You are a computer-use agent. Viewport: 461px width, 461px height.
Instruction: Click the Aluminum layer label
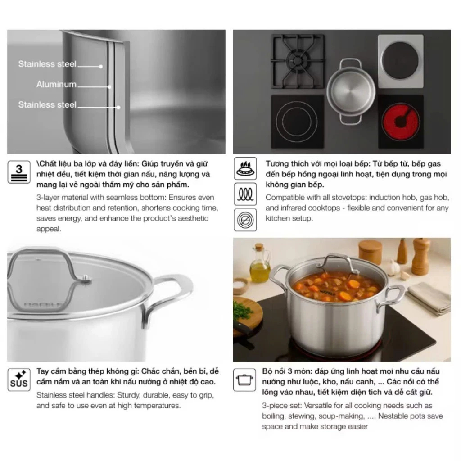[56, 84]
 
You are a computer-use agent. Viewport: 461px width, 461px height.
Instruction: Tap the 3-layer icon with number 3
[19, 172]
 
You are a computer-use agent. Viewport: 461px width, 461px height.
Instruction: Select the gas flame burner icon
[245, 168]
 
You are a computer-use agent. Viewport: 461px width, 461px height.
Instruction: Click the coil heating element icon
[245, 194]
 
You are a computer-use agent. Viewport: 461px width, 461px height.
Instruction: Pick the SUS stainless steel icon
[19, 380]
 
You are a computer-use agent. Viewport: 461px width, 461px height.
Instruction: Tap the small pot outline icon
[244, 380]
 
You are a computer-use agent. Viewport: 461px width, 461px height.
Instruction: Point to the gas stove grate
[298, 61]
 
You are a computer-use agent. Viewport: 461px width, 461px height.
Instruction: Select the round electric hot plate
[400, 60]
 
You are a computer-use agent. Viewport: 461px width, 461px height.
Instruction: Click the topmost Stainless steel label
[47, 64]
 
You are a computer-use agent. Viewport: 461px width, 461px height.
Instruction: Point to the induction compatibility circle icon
[245, 220]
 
